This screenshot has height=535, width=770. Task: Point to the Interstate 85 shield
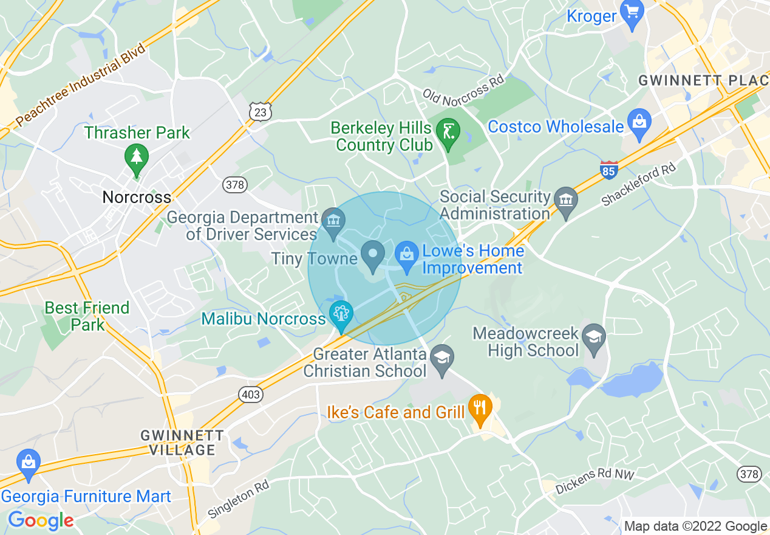tap(608, 170)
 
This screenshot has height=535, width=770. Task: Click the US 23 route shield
tap(260, 111)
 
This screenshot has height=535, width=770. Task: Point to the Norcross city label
tap(137, 197)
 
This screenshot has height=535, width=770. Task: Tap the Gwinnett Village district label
tap(178, 443)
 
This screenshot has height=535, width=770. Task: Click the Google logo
tap(41, 520)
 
